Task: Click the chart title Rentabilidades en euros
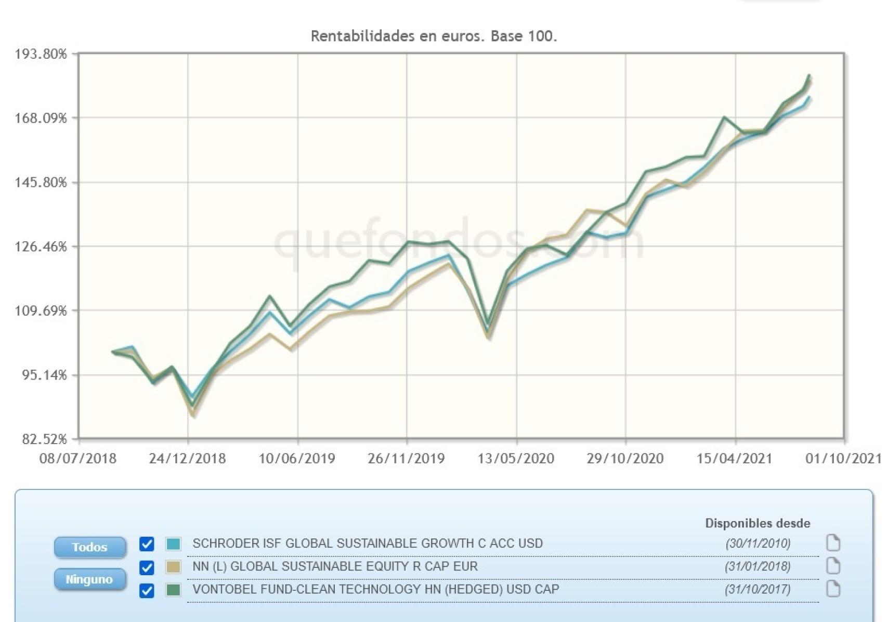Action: [x=434, y=36]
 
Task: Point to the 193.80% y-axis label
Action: [x=41, y=54]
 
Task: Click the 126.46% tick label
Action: [x=41, y=247]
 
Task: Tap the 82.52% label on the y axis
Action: [x=45, y=439]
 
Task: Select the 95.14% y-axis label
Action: [x=45, y=375]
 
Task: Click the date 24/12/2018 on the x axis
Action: [x=187, y=459]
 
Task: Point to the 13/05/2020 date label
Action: [x=516, y=459]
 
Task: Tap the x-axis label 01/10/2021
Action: [x=843, y=459]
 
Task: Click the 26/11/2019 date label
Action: [x=406, y=459]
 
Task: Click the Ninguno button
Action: [x=89, y=579]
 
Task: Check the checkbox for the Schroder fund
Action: [x=147, y=544]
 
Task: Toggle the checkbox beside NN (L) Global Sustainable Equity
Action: [x=147, y=567]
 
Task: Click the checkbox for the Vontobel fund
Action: [x=147, y=591]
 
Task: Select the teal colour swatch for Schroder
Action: [x=173, y=544]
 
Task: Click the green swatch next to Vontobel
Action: [x=173, y=590]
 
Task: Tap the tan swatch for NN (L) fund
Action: [x=173, y=567]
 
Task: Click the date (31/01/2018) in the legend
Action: [x=758, y=566]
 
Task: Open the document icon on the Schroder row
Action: [x=833, y=543]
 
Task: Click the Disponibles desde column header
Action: [x=758, y=523]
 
